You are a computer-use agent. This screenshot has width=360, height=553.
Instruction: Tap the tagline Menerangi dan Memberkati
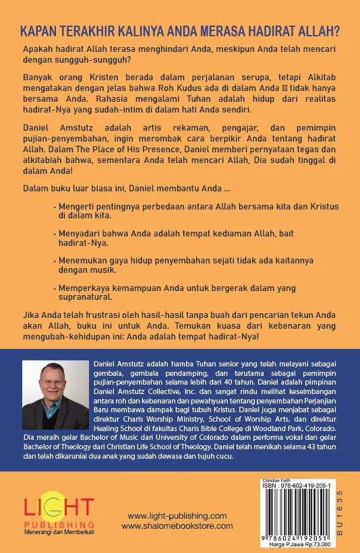coord(59,532)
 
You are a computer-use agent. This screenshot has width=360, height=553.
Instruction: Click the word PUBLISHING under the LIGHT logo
coord(59,523)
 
